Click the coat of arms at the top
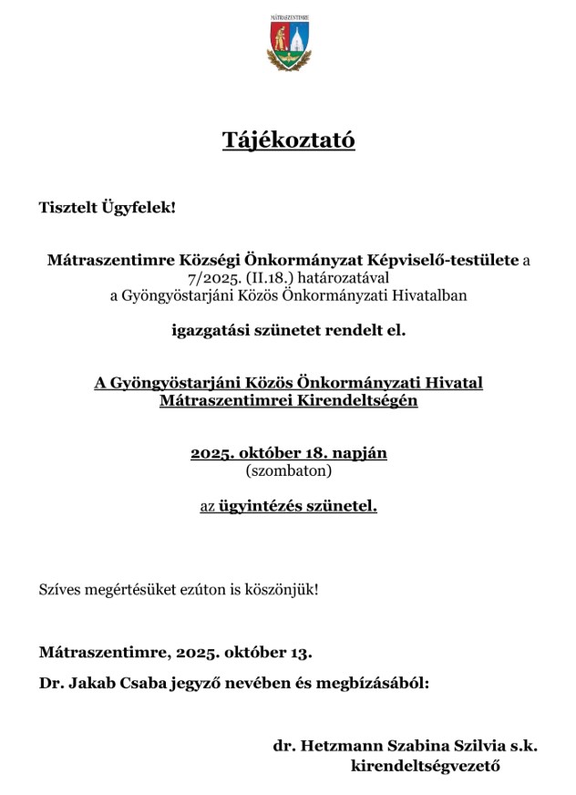click(288, 45)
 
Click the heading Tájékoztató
click(288, 140)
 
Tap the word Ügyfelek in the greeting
click(140, 208)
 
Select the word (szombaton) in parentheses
click(288, 471)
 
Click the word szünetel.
click(345, 506)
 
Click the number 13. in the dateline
click(300, 653)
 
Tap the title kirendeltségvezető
click(426, 766)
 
